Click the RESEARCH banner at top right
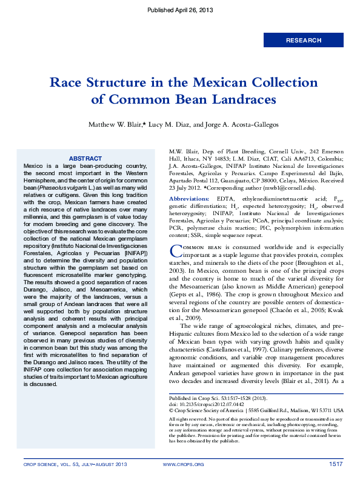[x=304, y=40]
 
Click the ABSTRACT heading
[x=85, y=158]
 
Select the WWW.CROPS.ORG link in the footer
[x=184, y=464]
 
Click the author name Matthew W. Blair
[x=115, y=124]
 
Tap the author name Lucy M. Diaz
[x=168, y=124]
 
